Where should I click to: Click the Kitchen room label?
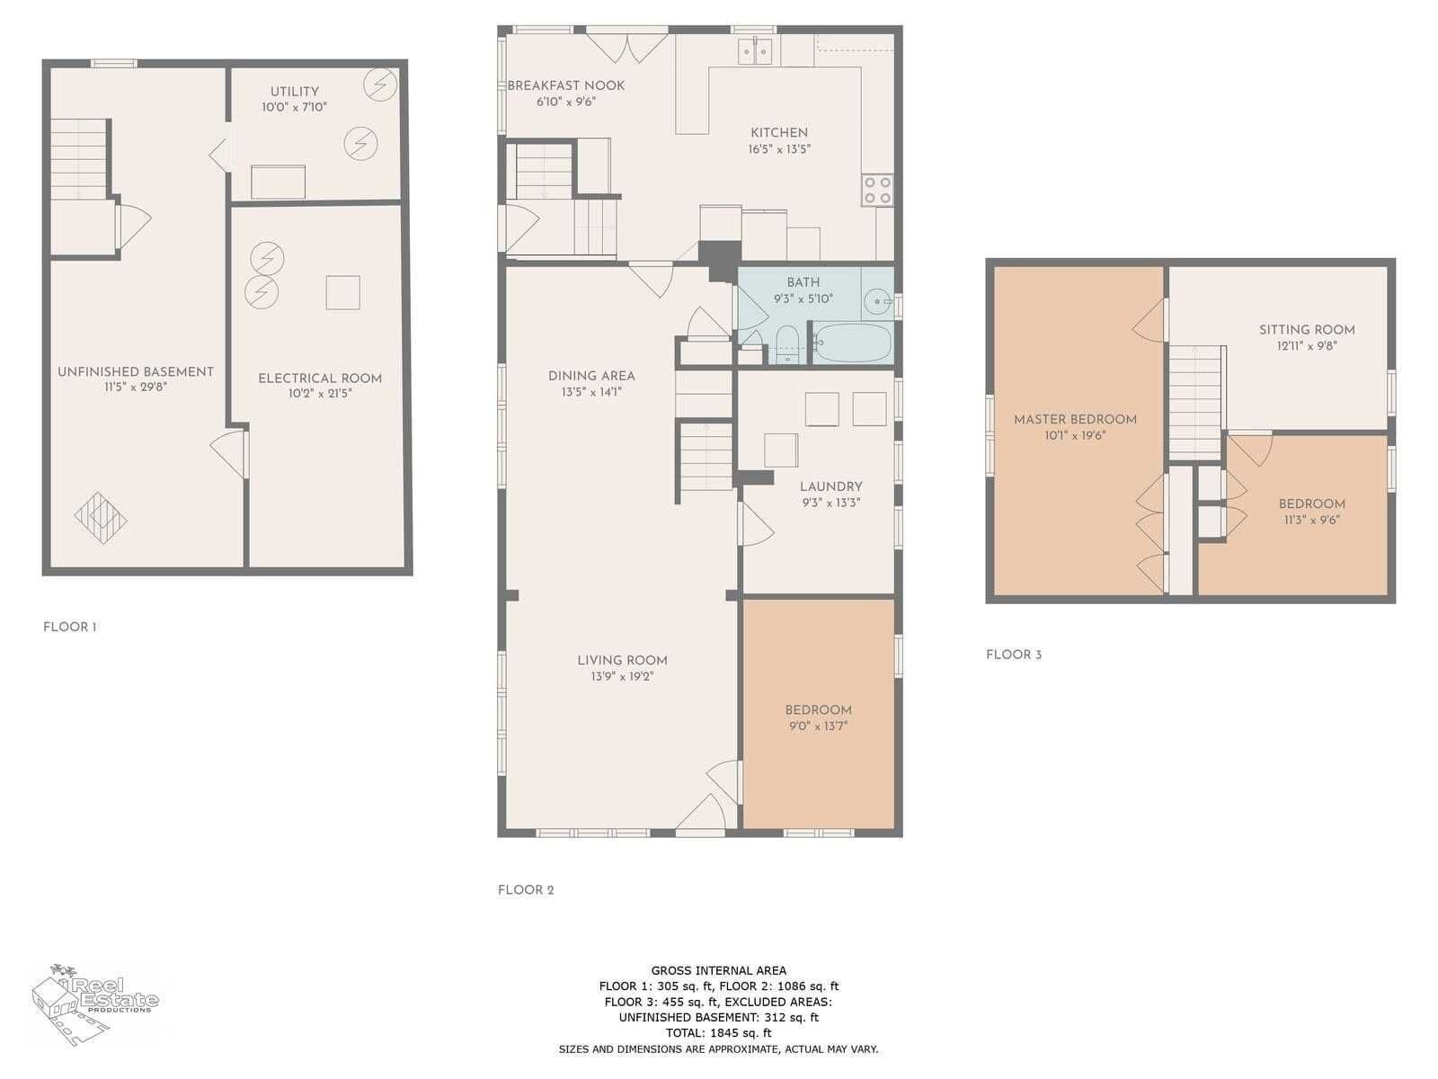pos(778,133)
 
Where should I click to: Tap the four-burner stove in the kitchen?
pos(877,190)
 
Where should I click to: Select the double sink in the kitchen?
pos(755,51)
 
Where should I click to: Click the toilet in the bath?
pos(786,343)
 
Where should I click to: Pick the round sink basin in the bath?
pos(876,302)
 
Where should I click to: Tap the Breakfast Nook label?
pos(566,85)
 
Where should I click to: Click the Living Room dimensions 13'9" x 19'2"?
pos(622,676)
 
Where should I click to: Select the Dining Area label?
pos(590,376)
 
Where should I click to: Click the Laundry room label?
pos(830,486)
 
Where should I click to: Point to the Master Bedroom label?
pos(1074,420)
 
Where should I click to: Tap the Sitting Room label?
pos(1306,330)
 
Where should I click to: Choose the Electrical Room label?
pos(320,379)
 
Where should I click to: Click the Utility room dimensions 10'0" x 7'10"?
pos(294,107)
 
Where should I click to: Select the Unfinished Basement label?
pos(136,372)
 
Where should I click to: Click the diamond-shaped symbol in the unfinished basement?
pos(101,518)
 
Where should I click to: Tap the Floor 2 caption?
pos(526,890)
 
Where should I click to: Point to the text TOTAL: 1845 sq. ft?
pos(718,1033)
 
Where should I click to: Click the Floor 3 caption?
pos(1014,655)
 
